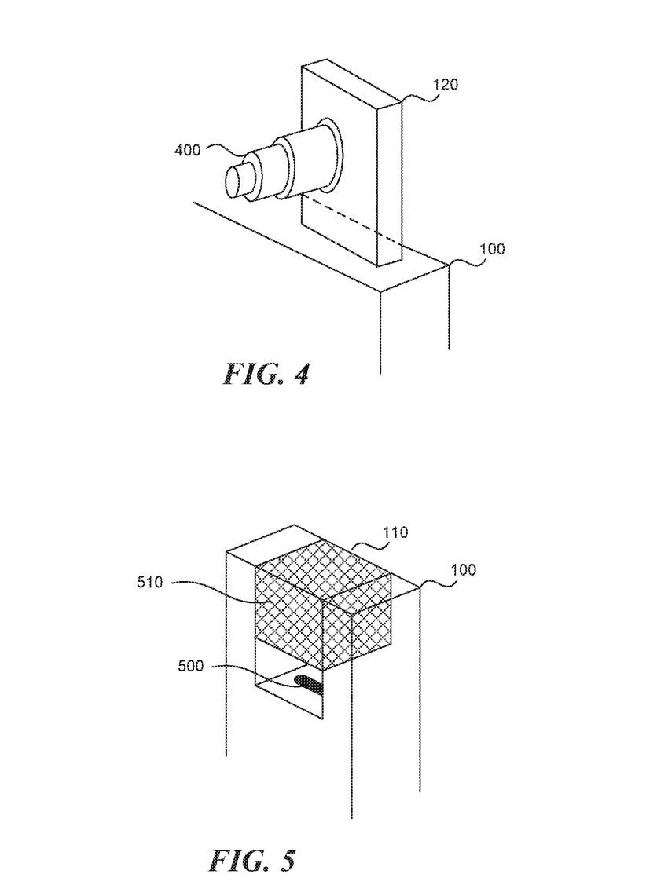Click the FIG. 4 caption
(x=266, y=374)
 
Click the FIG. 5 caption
(x=252, y=861)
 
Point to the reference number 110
(x=395, y=532)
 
